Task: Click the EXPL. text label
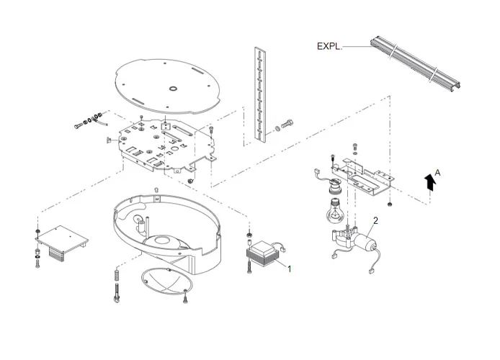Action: click(329, 46)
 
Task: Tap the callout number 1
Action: click(289, 269)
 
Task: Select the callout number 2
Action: click(375, 220)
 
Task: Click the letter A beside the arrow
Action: click(437, 173)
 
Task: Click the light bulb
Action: click(334, 210)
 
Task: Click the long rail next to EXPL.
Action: click(415, 63)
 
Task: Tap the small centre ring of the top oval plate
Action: click(173, 89)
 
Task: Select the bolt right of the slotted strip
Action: click(287, 123)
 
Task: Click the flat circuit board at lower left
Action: click(62, 240)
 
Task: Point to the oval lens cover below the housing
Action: click(166, 282)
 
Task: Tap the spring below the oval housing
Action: click(117, 275)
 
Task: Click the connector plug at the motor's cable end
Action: click(372, 271)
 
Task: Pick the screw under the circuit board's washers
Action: click(37, 264)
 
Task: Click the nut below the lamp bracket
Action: click(389, 204)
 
